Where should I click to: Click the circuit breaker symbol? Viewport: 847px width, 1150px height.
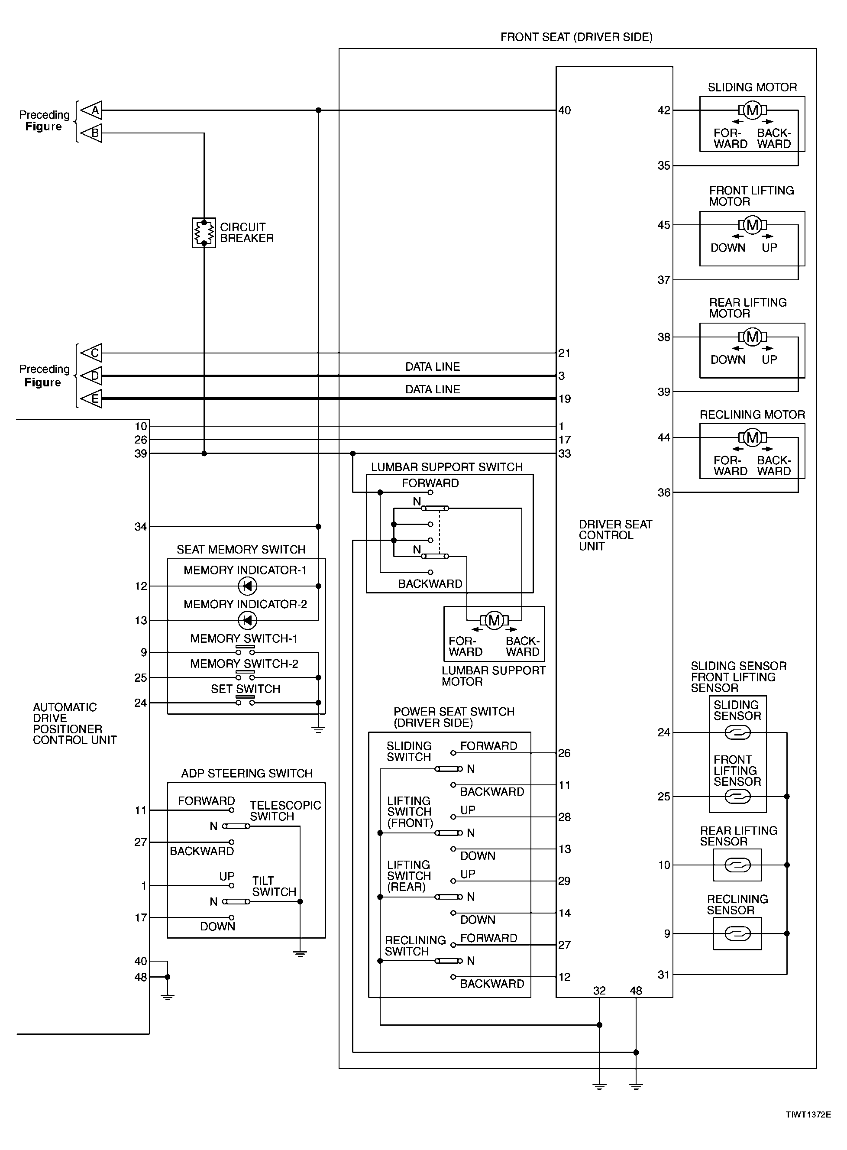[x=204, y=233]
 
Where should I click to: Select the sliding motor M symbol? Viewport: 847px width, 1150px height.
[x=752, y=110]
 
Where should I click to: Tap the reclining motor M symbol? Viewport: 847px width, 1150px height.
[x=752, y=437]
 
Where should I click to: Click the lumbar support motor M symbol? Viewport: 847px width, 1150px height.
[x=494, y=620]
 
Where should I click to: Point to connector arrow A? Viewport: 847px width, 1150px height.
[x=92, y=110]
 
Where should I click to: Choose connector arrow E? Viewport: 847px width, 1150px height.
[x=92, y=398]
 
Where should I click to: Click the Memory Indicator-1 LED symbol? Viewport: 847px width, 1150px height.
[x=248, y=586]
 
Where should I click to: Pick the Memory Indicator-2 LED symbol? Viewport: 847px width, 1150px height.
[x=248, y=620]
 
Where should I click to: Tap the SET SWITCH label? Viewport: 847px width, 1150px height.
[x=246, y=689]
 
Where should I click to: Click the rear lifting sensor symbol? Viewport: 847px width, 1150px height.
[x=737, y=865]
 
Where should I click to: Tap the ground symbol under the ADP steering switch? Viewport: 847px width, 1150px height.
[x=300, y=954]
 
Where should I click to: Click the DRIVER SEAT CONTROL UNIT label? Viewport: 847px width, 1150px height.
[x=615, y=535]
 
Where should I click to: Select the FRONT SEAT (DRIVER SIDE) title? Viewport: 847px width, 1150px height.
[x=576, y=37]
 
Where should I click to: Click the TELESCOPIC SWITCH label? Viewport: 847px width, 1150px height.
[x=285, y=810]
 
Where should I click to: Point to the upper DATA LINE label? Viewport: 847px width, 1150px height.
[x=432, y=366]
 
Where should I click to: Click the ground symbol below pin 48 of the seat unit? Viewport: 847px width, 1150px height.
[x=636, y=1085]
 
